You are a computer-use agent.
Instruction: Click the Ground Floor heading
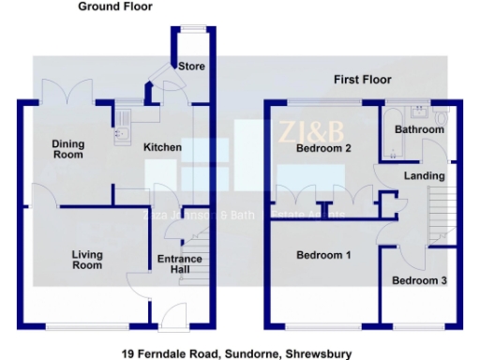pos(115,7)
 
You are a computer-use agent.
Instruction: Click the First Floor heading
pos(362,80)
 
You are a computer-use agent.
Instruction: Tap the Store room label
pos(191,67)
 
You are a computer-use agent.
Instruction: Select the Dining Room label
pos(67,148)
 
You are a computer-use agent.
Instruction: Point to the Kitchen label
pos(161,148)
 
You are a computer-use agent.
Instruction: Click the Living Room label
pos(87,260)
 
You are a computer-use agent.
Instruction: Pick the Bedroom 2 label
pos(323,148)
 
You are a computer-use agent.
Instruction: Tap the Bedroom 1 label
pos(323,255)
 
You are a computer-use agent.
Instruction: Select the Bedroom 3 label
pos(419,281)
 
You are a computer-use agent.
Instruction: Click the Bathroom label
pos(418,129)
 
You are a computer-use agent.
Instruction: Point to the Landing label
pos(418,176)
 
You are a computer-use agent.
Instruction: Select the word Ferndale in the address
pos(165,354)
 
